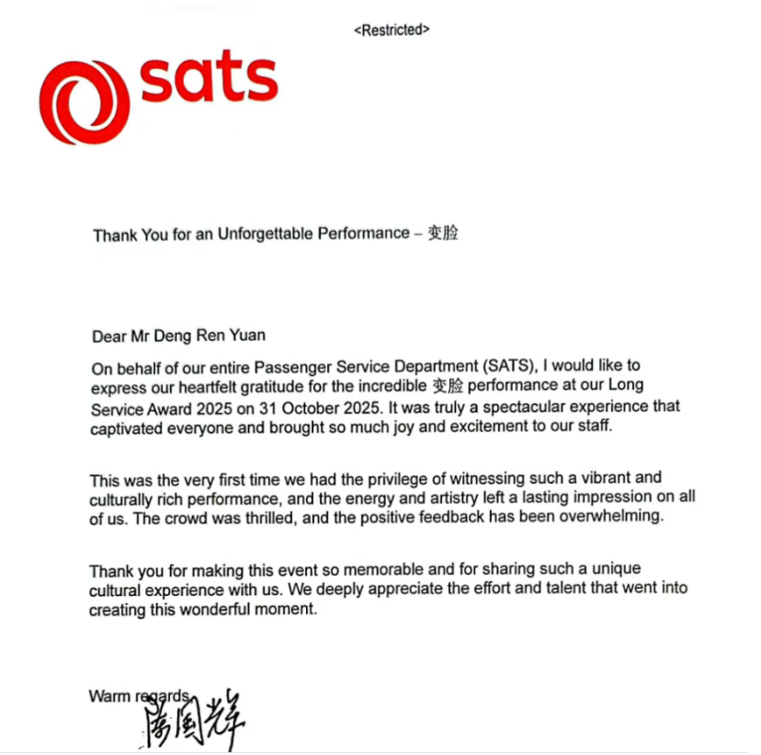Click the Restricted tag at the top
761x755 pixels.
[392, 29]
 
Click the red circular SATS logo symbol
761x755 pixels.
[84, 101]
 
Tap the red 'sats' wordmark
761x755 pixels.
[209, 81]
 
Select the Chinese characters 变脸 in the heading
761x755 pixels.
[443, 233]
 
